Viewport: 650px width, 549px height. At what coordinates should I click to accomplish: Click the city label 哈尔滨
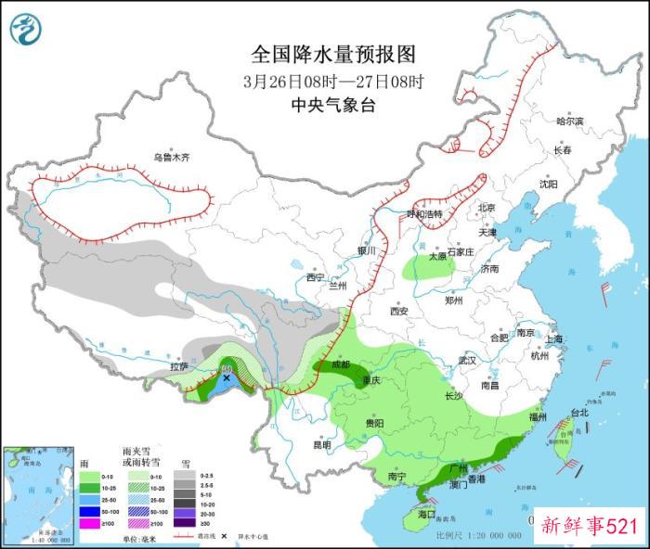point(569,121)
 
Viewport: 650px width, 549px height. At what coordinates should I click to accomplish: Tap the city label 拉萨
point(179,367)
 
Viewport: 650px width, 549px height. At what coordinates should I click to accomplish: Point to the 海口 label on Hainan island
point(428,513)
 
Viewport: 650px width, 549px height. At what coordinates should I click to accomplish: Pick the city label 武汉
point(467,360)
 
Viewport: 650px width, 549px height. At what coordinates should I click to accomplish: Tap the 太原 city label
point(436,259)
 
